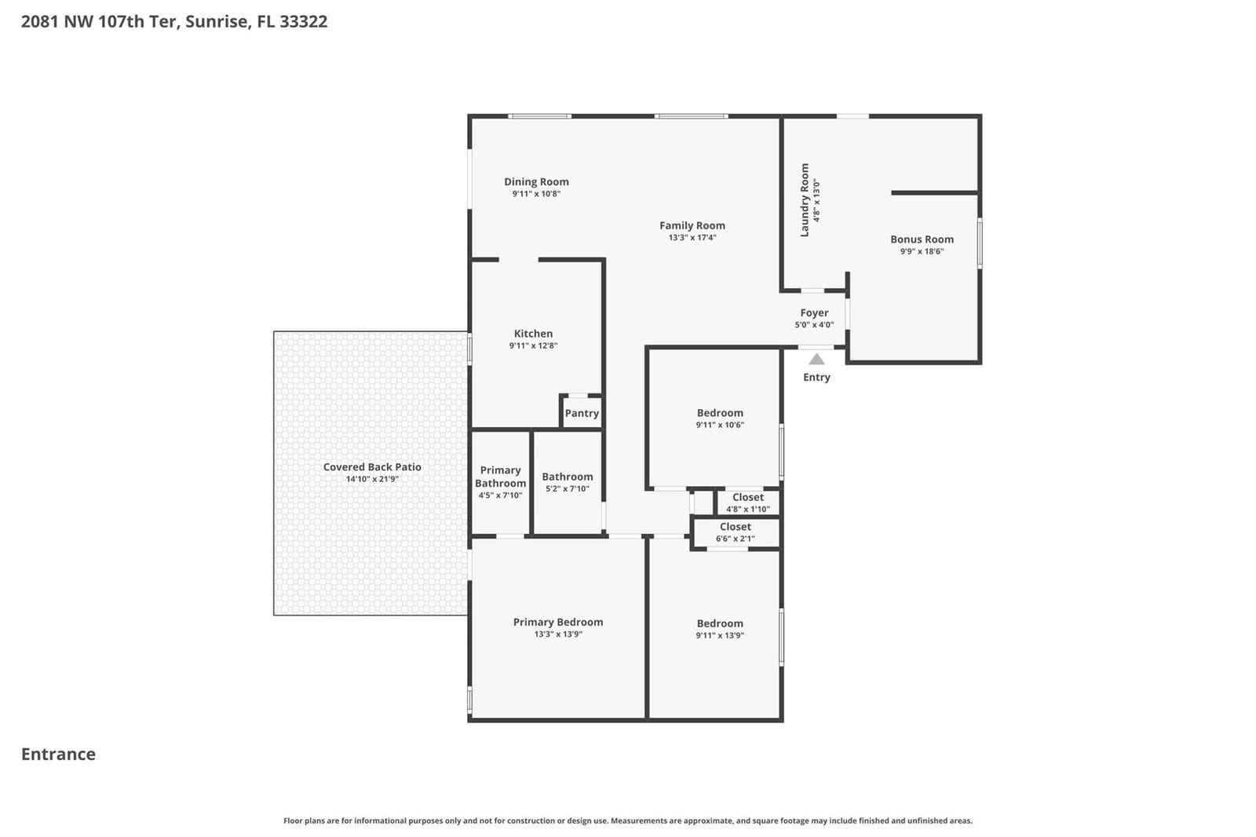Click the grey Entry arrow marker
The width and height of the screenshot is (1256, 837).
click(x=816, y=359)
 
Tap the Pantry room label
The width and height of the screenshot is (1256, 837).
click(x=582, y=414)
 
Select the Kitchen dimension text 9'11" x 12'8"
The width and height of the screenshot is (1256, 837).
click(x=533, y=345)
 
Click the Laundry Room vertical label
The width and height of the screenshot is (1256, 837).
click(x=805, y=200)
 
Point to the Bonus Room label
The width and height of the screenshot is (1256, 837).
click(x=922, y=239)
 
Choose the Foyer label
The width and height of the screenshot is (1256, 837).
click(x=814, y=313)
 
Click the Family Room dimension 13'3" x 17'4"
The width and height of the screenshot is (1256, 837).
click(x=692, y=237)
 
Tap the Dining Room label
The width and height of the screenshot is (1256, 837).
click(x=537, y=181)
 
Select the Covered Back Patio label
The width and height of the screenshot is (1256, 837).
click(x=372, y=466)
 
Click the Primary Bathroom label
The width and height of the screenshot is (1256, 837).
click(x=501, y=477)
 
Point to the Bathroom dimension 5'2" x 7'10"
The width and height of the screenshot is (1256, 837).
click(x=568, y=488)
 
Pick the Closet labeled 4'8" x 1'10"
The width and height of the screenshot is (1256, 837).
click(x=748, y=503)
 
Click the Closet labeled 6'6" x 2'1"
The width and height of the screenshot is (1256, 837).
click(x=735, y=532)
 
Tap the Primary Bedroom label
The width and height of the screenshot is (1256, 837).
click(x=558, y=622)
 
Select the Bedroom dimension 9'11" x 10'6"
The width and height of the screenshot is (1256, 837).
click(x=720, y=425)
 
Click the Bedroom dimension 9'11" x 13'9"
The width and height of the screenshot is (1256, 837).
click(x=720, y=635)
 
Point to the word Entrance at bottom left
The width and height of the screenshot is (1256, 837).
click(x=58, y=754)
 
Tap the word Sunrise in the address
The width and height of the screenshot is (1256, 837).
click(x=217, y=22)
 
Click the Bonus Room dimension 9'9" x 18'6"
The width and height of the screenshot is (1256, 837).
click(x=922, y=251)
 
